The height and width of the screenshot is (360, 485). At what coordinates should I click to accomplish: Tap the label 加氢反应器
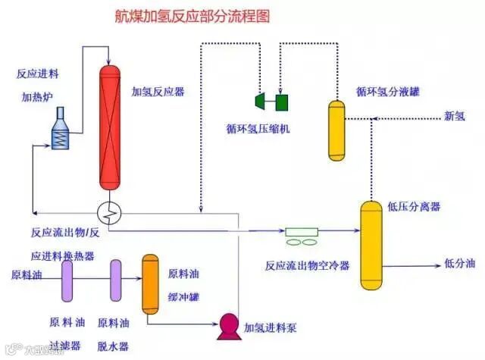tap(158, 92)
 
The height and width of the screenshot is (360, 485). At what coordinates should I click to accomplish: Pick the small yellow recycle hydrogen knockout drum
tap(336, 130)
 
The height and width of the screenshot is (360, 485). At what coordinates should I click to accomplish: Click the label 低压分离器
tap(414, 206)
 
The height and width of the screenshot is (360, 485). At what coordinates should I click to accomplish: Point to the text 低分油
tap(459, 264)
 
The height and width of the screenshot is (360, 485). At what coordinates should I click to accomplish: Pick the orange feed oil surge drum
tap(149, 283)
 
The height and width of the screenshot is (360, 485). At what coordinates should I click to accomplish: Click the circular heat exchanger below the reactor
tap(110, 213)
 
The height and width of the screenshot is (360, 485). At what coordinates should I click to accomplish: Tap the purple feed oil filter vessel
tap(67, 282)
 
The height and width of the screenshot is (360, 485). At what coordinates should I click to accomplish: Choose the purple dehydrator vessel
tap(115, 282)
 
